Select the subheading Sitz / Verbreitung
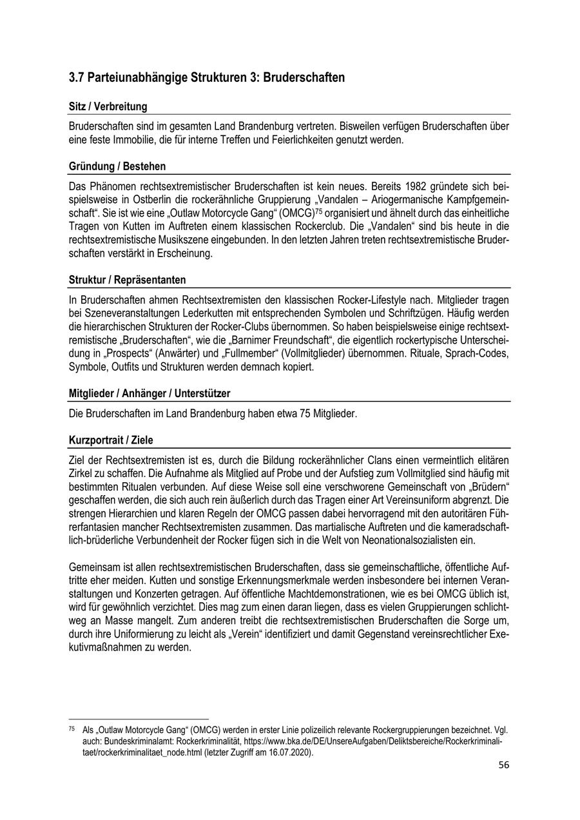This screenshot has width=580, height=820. [108, 106]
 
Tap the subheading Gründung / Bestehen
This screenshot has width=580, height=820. [117, 166]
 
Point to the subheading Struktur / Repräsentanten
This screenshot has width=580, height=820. [128, 280]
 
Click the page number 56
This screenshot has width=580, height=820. [505, 765]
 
